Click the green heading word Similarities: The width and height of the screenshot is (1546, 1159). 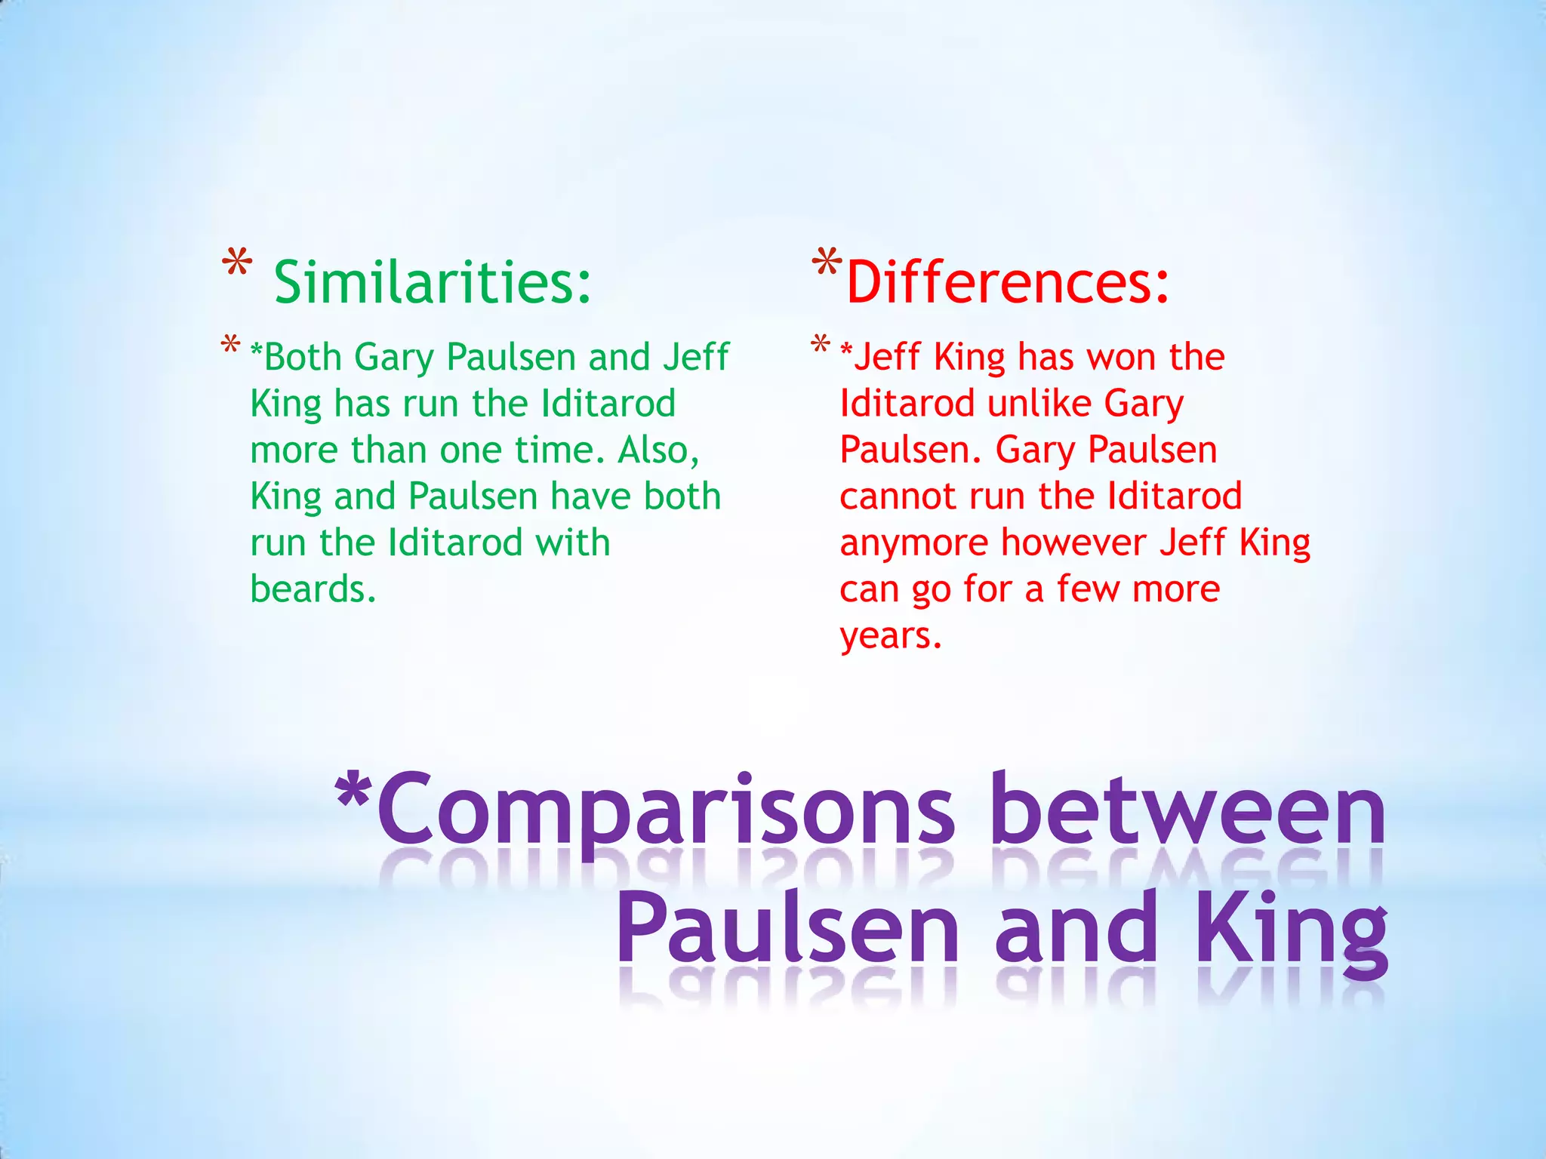pyautogui.click(x=433, y=282)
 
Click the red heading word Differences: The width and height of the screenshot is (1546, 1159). pyautogui.click(x=1008, y=282)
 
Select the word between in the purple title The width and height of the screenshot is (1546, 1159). pyautogui.click(x=1189, y=811)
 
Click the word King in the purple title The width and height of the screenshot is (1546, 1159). pyautogui.click(x=1291, y=932)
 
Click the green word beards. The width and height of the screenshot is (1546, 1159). pyautogui.click(x=313, y=589)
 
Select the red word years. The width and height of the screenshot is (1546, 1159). pyautogui.click(x=891, y=636)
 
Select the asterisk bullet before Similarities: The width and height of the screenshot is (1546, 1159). pyautogui.click(x=237, y=266)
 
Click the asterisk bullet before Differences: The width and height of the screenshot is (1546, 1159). pyautogui.click(x=827, y=264)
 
